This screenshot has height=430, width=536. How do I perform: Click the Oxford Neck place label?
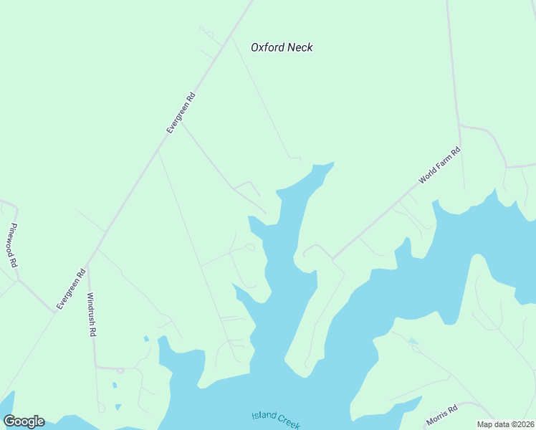click(x=282, y=47)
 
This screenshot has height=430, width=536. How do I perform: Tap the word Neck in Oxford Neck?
click(x=300, y=47)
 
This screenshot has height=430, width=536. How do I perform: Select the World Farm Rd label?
click(x=439, y=166)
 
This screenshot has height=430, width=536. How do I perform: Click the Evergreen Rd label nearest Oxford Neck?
click(x=181, y=113)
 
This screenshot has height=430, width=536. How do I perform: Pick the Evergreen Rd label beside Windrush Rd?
click(x=71, y=288)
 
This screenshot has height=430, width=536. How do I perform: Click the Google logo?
click(x=24, y=421)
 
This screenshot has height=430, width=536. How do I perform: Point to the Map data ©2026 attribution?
click(x=505, y=424)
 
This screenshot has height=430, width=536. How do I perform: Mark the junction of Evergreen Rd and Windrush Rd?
click(x=87, y=264)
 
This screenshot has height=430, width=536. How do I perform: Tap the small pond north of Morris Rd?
click(x=413, y=342)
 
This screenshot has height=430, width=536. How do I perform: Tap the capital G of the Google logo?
click(x=9, y=421)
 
